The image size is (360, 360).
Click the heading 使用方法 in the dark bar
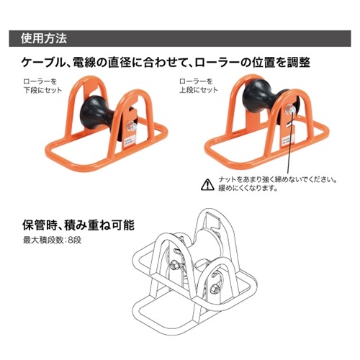pyautogui.click(x=44, y=35)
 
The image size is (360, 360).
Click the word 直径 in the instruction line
pyautogui.click(x=122, y=63)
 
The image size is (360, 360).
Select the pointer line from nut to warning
pyautogui.click(x=289, y=144)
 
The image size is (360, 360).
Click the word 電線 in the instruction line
pyautogui.click(x=86, y=63)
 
